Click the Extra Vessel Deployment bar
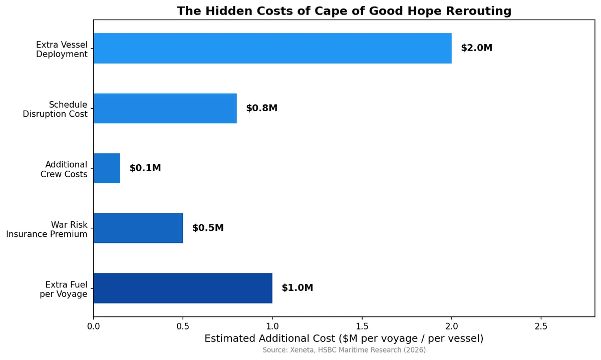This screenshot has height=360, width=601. pos(272,48)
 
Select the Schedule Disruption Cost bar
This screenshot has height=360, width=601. pos(165,108)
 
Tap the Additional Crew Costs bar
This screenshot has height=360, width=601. pos(107,168)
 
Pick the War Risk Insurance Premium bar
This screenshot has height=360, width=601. pos(138,228)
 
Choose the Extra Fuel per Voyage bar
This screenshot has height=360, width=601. pos(183,288)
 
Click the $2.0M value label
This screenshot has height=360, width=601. pos(476,48)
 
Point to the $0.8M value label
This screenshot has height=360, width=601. pos(261,108)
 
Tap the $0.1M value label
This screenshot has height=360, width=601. pos(145,168)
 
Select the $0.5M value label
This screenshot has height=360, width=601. pos(208,228)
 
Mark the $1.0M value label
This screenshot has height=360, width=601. pos(297,288)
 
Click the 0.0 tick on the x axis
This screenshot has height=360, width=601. pos(94,326)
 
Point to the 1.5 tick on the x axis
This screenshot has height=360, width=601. pos(362,326)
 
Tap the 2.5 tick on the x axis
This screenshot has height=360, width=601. pos(541,326)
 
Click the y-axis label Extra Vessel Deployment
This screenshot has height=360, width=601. pos(62,50)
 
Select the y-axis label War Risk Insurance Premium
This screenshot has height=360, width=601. pos(47,229)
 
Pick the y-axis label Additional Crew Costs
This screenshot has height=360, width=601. pos(64,169)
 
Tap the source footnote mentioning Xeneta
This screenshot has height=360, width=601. pos(344,350)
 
